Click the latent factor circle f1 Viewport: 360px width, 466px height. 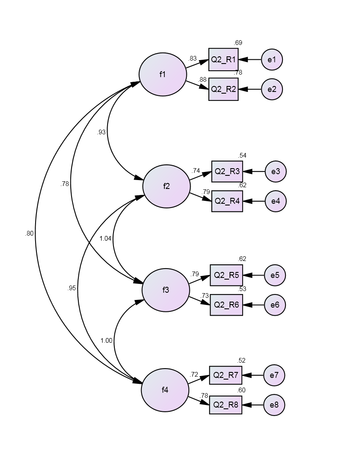[163, 74]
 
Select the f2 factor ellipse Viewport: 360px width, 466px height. [166, 186]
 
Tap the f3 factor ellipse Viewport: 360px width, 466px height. [166, 290]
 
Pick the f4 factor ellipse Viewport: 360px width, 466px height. [165, 390]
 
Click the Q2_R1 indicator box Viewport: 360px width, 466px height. [224, 59]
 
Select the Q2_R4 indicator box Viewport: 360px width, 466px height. [227, 201]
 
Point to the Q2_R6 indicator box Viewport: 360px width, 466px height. [226, 305]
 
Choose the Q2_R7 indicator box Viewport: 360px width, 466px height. [225, 375]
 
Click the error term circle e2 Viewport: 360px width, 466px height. [272, 89]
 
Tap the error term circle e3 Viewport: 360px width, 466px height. [275, 172]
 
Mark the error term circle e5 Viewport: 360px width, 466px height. [275, 275]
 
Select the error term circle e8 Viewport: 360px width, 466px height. [274, 405]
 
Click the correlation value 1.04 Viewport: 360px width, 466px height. [105, 239]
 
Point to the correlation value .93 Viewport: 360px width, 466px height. [101, 132]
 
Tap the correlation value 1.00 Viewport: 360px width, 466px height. [106, 341]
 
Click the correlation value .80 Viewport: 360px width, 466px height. [29, 233]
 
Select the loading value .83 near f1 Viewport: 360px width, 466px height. [192, 58]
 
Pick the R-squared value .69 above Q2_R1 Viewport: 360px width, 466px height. [238, 43]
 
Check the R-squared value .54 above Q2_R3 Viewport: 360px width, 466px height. [242, 155]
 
